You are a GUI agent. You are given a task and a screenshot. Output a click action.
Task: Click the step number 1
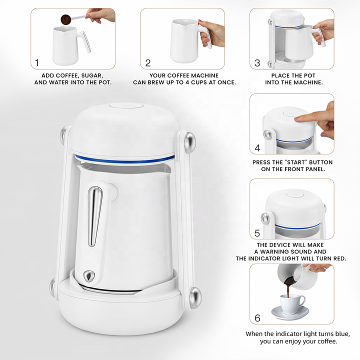[x=36, y=62]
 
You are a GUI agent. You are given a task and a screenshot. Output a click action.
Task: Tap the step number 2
[x=148, y=63]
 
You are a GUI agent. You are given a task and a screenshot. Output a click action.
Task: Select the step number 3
[x=257, y=63]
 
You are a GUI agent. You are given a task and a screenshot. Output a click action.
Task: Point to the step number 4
[x=257, y=148]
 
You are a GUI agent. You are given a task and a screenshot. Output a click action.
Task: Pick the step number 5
[x=257, y=233]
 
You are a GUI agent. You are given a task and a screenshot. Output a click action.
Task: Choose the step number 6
[x=257, y=318]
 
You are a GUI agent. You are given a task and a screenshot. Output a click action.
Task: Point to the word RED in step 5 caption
[x=339, y=258]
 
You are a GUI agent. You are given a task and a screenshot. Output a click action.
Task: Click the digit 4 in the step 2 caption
[x=187, y=82]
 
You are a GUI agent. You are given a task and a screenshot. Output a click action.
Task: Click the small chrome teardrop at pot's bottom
[x=88, y=275]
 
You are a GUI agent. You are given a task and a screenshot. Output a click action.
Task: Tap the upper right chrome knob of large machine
[x=190, y=142]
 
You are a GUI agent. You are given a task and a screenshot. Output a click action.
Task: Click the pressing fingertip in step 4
[x=298, y=118]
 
